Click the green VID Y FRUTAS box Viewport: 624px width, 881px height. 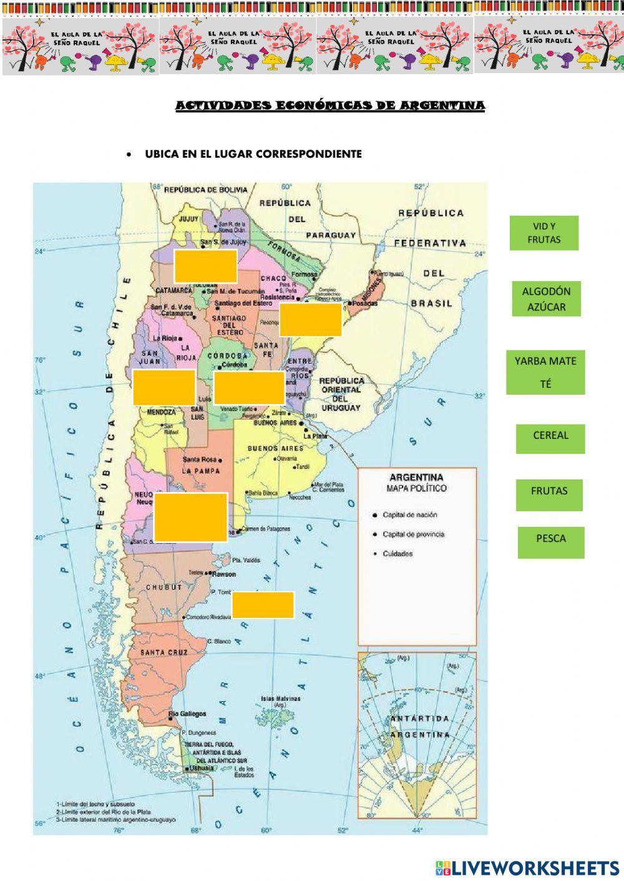pos(544,233)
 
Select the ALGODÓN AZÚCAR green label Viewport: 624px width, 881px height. pos(546,299)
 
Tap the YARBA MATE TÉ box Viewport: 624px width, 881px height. pos(545,372)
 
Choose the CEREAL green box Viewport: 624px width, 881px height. pos(550,436)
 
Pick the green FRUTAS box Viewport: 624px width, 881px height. pos(549,491)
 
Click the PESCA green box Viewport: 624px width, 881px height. pos(550,539)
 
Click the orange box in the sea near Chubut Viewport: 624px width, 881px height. pos(263,605)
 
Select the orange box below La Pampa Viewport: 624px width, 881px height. pos(190,517)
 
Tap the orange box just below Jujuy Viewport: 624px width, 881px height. pos(205,266)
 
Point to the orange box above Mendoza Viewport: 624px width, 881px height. pos(163,387)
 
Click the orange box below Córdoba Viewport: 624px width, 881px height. pos(248,387)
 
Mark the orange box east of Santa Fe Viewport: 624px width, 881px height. pos(310,320)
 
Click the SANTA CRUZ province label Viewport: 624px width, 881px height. pos(163,652)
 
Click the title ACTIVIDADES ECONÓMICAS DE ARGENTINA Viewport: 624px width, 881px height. pos(330,106)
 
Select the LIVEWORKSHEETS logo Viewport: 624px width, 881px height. pos(527,867)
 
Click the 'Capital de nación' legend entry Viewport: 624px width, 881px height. pos(409,515)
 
